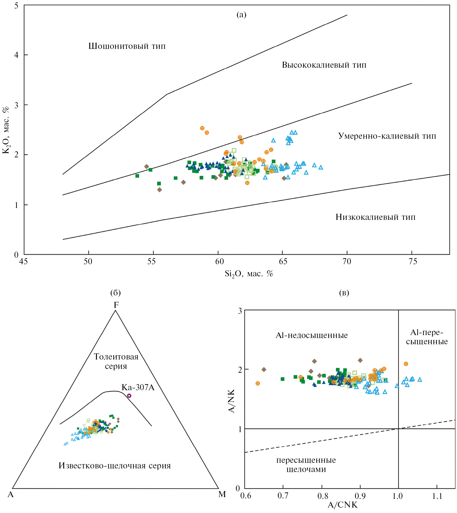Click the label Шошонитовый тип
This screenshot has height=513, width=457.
click(x=127, y=46)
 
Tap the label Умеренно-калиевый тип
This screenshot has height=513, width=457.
click(x=387, y=136)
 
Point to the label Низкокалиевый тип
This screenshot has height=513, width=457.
click(x=375, y=217)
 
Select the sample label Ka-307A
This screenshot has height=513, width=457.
click(x=138, y=387)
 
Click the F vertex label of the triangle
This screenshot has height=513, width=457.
click(x=116, y=305)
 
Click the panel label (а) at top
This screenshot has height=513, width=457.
click(x=241, y=15)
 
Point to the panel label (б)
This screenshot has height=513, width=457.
click(x=116, y=293)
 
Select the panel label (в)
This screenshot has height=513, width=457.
click(x=344, y=293)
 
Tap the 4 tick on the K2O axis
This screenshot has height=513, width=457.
click(x=16, y=55)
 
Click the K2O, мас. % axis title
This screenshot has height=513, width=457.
click(x=6, y=130)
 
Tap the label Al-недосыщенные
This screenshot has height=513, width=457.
click(x=312, y=335)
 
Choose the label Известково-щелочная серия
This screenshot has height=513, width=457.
click(x=115, y=465)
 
